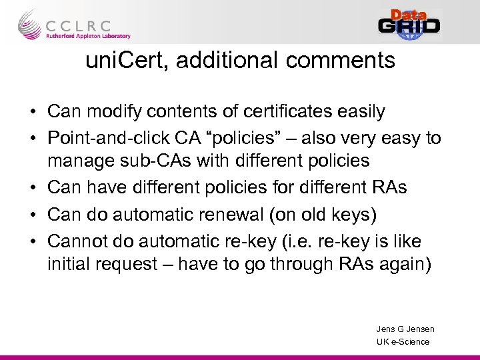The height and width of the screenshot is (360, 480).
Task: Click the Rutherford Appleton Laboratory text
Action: click(87, 36)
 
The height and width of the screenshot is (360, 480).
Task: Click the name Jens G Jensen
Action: click(405, 329)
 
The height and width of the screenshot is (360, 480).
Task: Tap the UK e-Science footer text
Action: click(403, 341)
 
